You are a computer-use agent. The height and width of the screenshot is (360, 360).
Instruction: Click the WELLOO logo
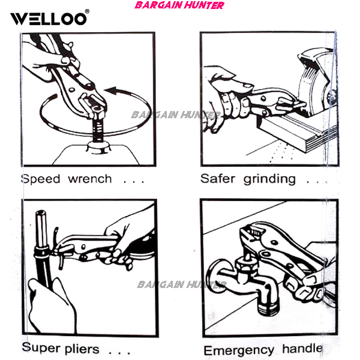point(49,19)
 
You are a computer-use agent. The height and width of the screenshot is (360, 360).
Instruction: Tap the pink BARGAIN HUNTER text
point(179,5)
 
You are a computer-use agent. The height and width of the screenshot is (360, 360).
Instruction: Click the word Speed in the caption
point(41,179)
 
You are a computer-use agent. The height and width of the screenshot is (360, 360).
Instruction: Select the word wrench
point(90,179)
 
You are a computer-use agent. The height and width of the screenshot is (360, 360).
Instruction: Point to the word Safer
point(218,178)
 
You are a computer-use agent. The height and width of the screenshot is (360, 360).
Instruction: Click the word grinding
point(269,179)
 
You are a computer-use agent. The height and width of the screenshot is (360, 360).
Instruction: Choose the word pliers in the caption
point(82,349)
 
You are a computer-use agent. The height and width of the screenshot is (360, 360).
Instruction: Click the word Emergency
point(239,350)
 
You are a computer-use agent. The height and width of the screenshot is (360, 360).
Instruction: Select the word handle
point(302,349)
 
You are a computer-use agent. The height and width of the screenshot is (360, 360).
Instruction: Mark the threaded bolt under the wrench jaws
point(98,128)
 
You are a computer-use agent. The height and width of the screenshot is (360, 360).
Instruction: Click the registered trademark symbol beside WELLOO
point(87,11)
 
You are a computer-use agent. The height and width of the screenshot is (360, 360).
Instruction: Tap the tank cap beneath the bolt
point(99,148)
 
